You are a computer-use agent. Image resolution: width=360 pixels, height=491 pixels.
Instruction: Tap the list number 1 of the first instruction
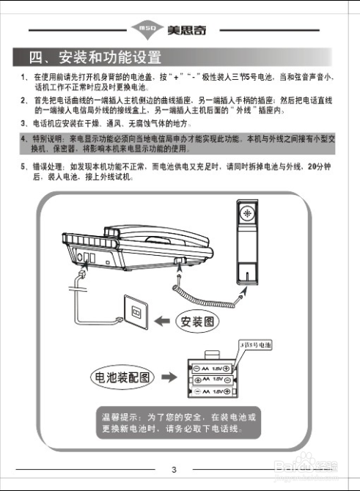click(x=23, y=77)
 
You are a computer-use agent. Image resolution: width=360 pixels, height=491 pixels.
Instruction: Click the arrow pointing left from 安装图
click(x=162, y=321)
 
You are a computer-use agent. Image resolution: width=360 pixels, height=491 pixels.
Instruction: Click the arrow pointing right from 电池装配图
click(x=169, y=377)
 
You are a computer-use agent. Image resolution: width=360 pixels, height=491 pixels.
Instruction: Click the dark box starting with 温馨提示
click(x=178, y=422)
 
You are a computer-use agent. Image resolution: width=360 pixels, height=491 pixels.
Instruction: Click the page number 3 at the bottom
click(x=174, y=470)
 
